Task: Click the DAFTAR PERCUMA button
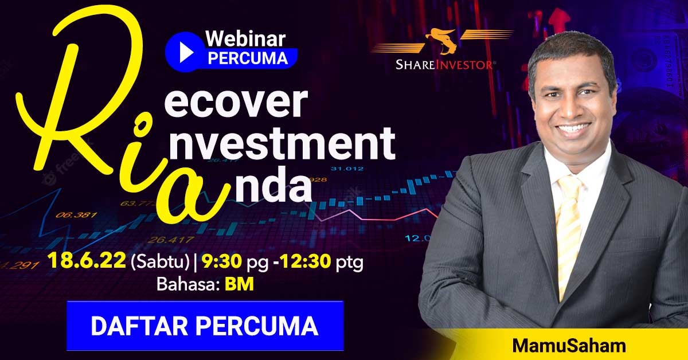click(205, 326)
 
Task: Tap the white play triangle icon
click(186, 52)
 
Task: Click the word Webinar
click(246, 39)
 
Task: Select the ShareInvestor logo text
click(444, 65)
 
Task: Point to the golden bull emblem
click(442, 41)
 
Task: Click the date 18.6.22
click(87, 261)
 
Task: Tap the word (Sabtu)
click(161, 262)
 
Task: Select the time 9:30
click(222, 261)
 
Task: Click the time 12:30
click(305, 261)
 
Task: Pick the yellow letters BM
click(239, 284)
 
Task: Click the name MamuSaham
click(569, 346)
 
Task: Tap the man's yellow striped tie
click(569, 237)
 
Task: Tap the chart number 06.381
click(76, 215)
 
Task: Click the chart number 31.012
click(347, 169)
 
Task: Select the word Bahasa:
click(189, 284)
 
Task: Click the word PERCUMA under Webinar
click(248, 58)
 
